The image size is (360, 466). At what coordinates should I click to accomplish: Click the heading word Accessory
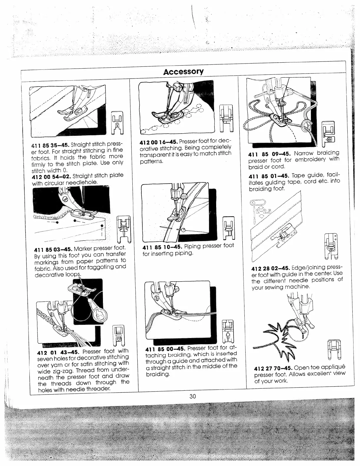(184, 71)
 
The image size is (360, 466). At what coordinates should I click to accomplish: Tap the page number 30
(193, 396)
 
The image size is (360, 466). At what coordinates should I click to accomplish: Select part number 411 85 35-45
(50, 145)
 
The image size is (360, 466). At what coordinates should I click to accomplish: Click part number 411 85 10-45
(160, 246)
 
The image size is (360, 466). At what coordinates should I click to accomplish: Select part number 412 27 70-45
(273, 368)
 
